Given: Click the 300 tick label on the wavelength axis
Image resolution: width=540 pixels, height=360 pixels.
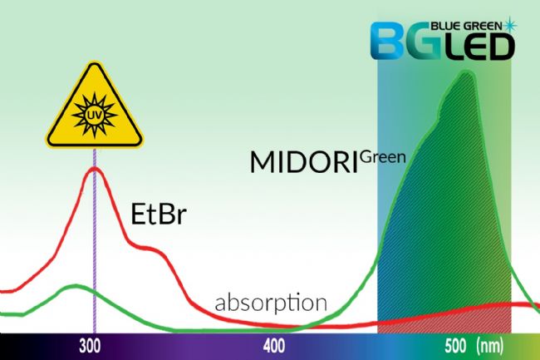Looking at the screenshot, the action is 90,346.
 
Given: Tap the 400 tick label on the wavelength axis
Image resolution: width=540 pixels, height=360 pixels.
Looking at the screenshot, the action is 274,346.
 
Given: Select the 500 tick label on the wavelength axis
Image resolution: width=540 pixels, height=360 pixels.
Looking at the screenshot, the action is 455,346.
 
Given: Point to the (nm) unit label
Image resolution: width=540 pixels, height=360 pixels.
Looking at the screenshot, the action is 489,346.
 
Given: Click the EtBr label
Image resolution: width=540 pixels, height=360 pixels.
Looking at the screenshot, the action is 159,214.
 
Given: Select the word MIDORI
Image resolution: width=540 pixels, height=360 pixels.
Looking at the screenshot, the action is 304,162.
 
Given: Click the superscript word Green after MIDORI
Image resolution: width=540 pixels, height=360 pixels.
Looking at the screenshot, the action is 383,157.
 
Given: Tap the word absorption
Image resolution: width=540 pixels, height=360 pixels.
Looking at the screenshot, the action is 271,303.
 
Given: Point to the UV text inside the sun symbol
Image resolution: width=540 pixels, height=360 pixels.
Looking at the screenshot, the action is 94,116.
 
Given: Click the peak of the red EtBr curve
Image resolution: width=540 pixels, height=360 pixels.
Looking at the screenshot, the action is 94,168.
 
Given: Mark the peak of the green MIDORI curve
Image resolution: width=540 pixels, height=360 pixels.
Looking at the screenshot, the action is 466,72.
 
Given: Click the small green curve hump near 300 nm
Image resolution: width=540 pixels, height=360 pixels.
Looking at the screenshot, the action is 76,285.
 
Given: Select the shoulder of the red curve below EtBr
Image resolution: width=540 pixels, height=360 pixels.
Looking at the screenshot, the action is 148,248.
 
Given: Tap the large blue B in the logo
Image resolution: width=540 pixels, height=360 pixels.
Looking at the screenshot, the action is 389,42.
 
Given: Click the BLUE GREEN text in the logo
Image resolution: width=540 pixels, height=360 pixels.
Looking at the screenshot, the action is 467,26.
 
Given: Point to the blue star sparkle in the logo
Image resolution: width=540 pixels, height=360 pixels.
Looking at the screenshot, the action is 510,25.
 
